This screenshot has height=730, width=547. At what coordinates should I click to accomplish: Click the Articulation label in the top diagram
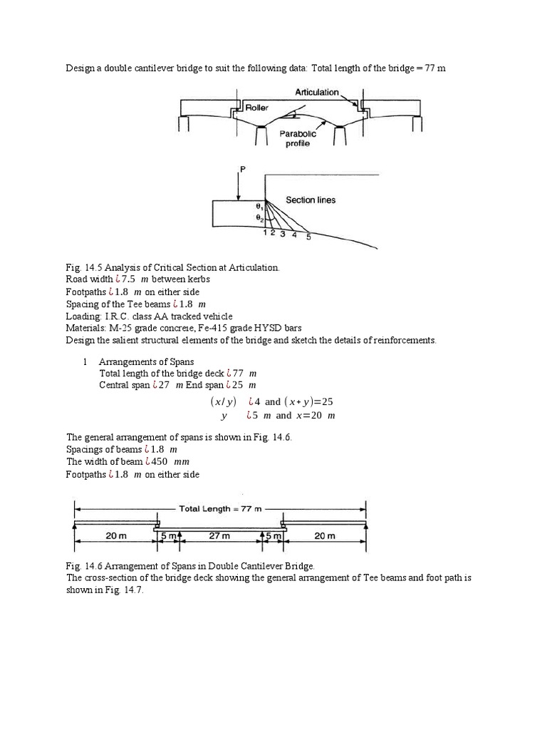tap(318, 92)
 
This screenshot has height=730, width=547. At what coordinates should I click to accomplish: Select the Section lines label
tap(311, 200)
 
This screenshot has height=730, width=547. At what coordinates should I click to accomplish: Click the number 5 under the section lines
tap(308, 237)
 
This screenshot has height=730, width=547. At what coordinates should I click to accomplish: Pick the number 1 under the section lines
tap(266, 232)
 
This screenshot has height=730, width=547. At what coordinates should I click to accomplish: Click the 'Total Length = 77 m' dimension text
tap(220, 509)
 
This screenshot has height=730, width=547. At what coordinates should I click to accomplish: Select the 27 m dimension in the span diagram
tap(219, 535)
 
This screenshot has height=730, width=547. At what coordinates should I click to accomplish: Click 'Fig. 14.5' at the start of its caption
tap(81, 267)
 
